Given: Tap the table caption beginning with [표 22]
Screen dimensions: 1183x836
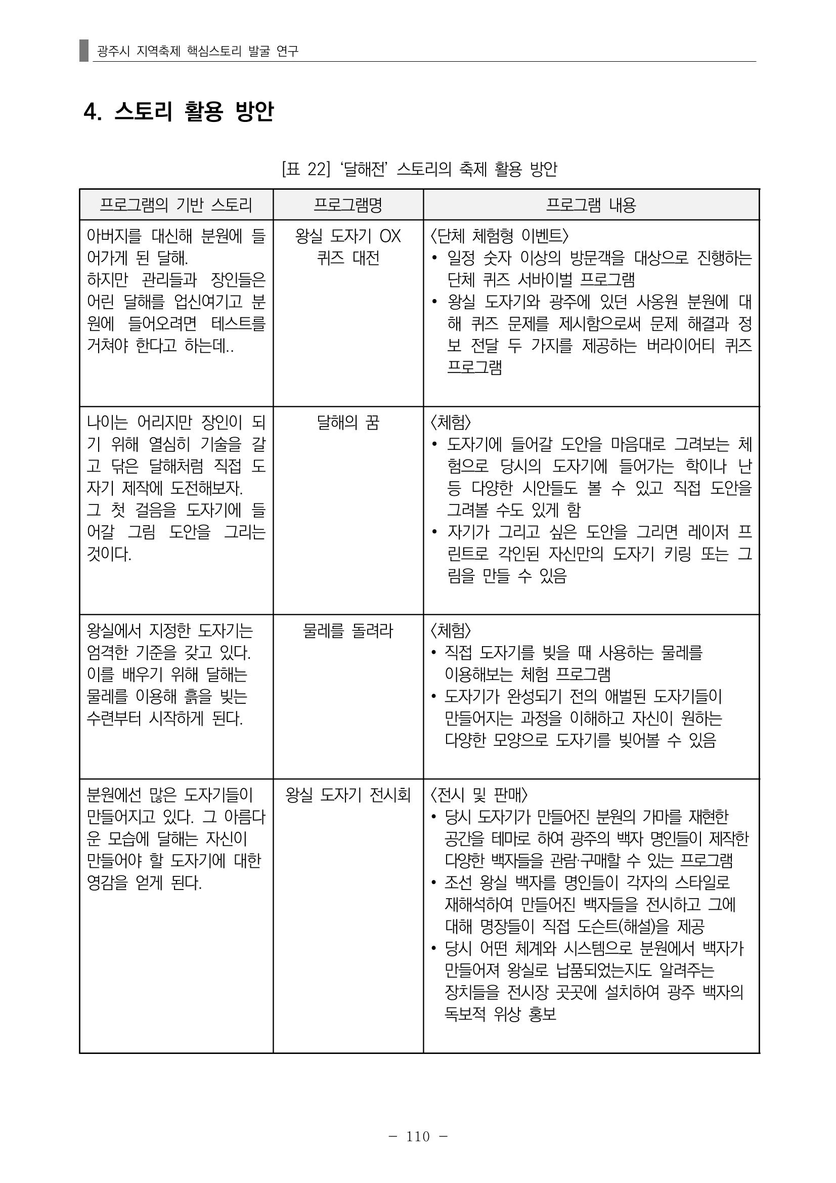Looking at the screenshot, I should tap(419, 168).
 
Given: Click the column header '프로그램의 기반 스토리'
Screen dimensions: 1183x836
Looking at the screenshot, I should tap(176, 205).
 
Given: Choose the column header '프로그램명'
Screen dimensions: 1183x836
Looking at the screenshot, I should tap(347, 205).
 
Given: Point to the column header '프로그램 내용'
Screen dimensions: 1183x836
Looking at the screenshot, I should tap(591, 205).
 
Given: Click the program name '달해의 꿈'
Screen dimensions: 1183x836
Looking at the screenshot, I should tap(347, 423).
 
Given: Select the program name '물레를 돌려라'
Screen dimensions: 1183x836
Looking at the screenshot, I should tap(347, 630).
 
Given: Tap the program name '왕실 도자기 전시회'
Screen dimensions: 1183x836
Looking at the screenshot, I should tap(347, 795).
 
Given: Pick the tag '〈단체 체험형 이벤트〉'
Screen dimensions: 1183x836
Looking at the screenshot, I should tap(499, 236).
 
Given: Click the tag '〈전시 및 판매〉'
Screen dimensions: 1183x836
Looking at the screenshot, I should tap(478, 795).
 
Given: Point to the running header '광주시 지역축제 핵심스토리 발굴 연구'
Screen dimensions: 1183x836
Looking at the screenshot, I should tap(198, 51).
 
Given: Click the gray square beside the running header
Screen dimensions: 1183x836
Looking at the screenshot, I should tap(84, 51).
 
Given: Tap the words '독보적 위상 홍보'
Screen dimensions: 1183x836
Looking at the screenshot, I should tap(500, 1015).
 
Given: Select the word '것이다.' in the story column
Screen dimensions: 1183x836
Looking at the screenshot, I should tap(109, 555).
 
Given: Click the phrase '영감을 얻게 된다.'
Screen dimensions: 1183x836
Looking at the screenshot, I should tap(145, 883).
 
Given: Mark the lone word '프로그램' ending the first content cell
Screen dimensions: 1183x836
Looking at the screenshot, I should tap(474, 367).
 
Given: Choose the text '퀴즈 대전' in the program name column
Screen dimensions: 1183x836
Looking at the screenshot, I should tap(347, 258).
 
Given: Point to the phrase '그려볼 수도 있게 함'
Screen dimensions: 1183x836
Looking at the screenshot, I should tap(513, 510).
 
